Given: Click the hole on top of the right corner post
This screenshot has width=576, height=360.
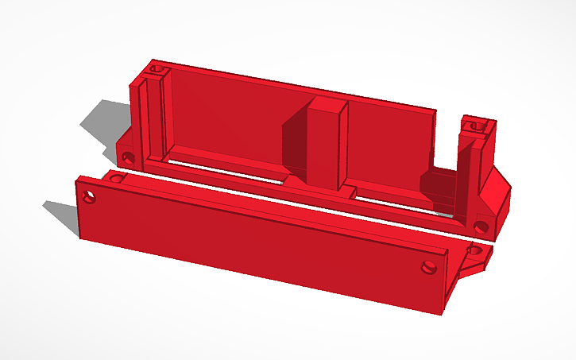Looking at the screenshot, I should [x=477, y=125].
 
